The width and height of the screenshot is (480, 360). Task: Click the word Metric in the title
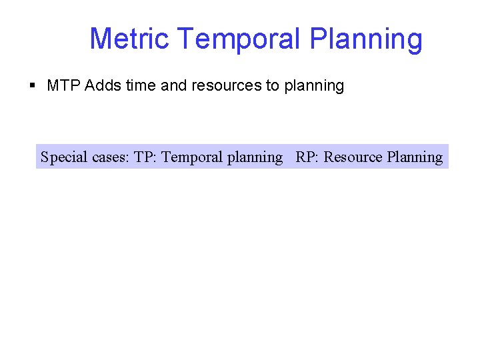(x=129, y=39)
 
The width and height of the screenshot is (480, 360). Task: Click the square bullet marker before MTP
(x=33, y=86)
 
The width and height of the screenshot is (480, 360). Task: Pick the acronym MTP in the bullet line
(x=64, y=86)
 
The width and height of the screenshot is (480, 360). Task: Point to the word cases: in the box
(x=111, y=157)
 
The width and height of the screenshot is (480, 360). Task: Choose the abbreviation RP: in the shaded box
(x=307, y=157)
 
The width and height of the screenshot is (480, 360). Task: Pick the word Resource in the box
(x=353, y=157)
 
